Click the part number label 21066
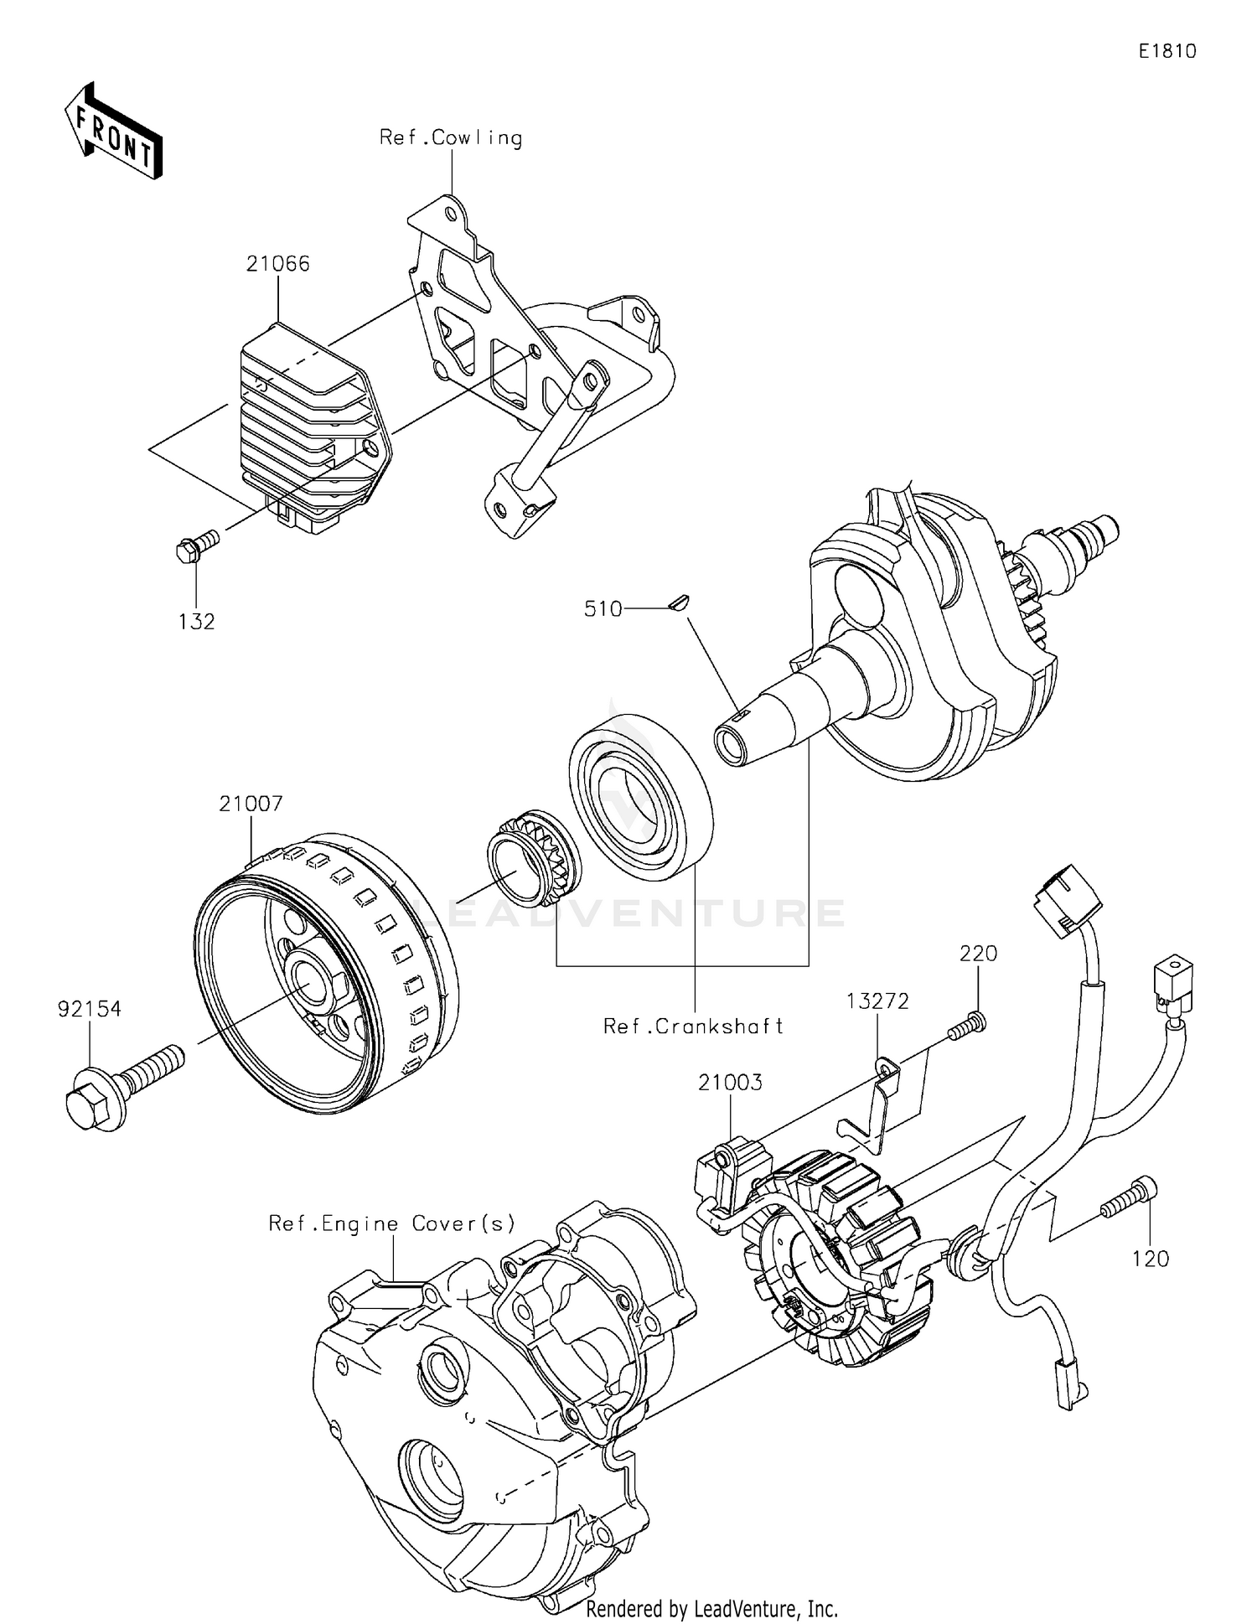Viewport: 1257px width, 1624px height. click(277, 264)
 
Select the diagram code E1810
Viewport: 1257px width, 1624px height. click(1166, 51)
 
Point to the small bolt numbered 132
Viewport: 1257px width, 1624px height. click(195, 545)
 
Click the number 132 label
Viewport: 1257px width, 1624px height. click(196, 621)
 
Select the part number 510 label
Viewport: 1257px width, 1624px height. click(603, 609)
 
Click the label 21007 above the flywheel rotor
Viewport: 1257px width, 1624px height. click(251, 804)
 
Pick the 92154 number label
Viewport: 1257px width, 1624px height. click(90, 1009)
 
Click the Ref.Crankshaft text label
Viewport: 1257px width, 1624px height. click(693, 1026)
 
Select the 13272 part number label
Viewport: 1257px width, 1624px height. click(877, 1001)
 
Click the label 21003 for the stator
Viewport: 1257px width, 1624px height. click(731, 1083)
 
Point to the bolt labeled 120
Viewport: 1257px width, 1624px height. click(1129, 1199)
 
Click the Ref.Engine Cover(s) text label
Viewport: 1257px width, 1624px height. click(391, 1223)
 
